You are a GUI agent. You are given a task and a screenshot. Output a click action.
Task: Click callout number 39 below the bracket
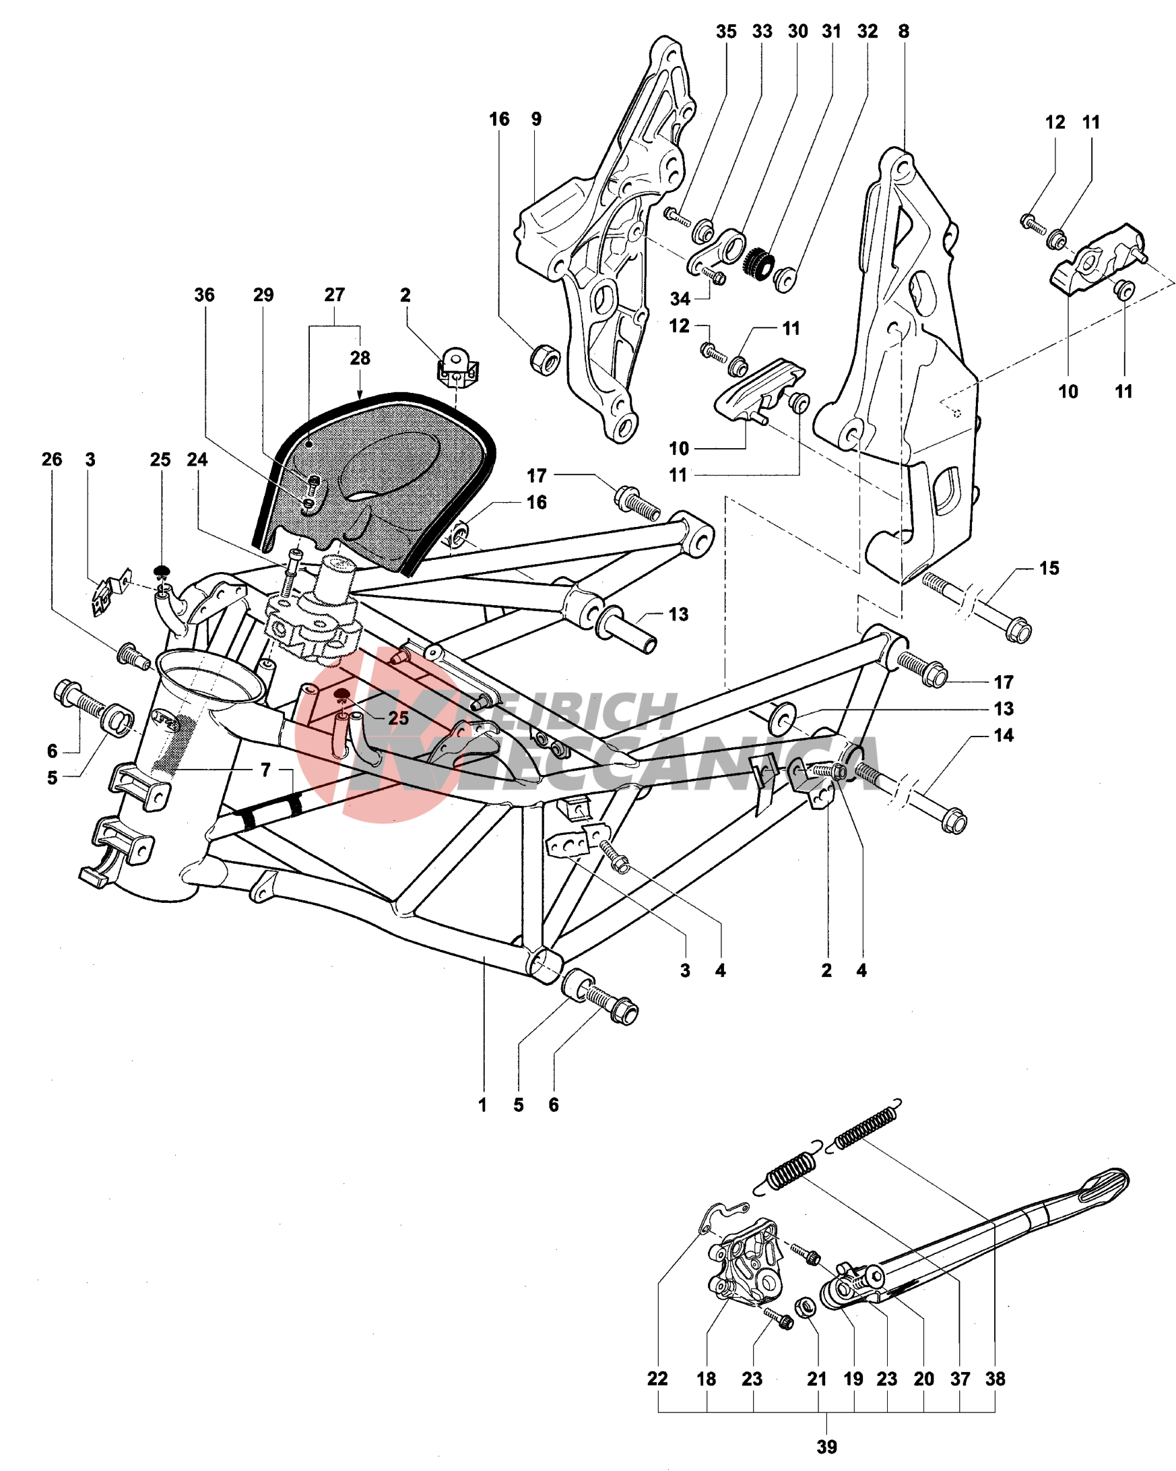826,1447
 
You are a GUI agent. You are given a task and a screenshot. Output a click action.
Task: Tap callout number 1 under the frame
482,1104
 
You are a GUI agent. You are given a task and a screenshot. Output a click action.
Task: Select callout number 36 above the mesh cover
204,294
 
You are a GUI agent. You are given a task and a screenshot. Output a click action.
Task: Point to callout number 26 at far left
52,459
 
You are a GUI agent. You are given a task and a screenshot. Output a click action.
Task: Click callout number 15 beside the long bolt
1049,567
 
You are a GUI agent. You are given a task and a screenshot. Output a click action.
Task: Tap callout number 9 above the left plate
536,119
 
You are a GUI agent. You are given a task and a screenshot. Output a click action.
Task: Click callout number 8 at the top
903,31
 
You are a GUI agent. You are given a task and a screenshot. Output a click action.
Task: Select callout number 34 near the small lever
680,298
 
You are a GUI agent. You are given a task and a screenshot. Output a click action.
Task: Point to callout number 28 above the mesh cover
360,358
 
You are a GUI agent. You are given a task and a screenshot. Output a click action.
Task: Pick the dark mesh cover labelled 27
382,478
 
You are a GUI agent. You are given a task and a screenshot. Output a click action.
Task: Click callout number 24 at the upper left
197,459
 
